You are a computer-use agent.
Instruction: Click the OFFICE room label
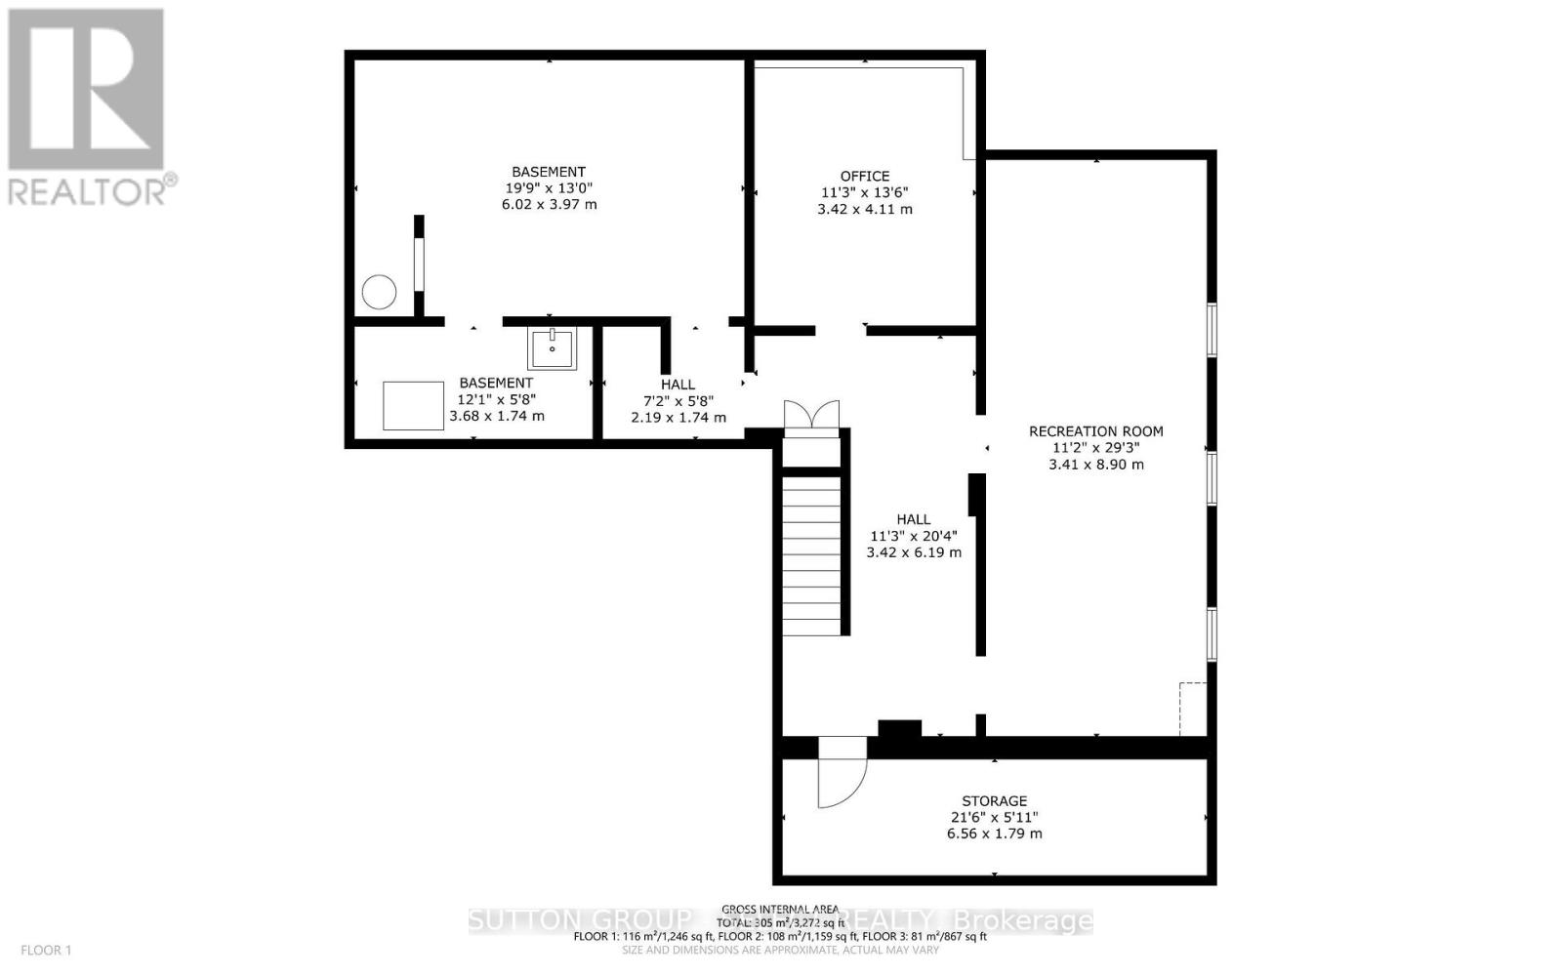(865, 176)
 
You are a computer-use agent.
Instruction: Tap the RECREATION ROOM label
(1096, 431)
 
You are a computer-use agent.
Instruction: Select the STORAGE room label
(994, 801)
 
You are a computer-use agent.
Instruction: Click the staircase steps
(811, 556)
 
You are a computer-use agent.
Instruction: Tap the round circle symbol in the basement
(379, 292)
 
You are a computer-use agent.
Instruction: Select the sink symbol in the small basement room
(552, 346)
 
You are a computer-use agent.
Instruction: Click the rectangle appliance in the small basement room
(413, 406)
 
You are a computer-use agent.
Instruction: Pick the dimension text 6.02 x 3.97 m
(548, 205)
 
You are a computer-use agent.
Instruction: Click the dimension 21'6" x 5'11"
(994, 818)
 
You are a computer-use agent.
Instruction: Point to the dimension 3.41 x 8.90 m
(1096, 465)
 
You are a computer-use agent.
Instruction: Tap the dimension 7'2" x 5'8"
(678, 401)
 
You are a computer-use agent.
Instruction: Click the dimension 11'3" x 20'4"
(914, 536)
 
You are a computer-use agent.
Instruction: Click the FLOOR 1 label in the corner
(47, 950)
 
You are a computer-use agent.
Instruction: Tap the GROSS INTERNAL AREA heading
(780, 909)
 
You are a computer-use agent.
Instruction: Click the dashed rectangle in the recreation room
(1193, 709)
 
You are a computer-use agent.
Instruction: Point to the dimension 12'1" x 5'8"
(496, 399)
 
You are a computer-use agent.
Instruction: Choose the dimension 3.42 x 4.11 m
(865, 209)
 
